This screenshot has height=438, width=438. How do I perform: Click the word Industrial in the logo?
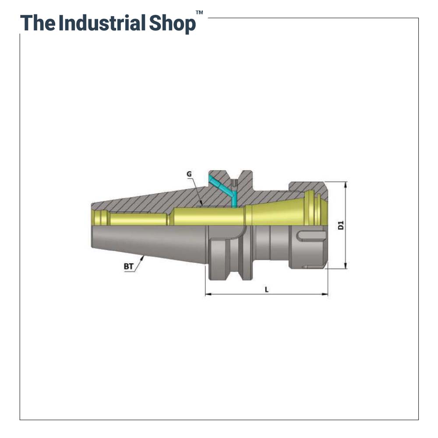coord(101,23)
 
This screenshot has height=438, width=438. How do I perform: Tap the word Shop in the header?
coord(172,23)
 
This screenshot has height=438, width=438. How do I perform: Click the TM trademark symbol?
coord(199,13)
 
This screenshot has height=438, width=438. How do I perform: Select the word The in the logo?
coord(38,23)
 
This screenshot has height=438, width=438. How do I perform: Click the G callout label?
coord(189,174)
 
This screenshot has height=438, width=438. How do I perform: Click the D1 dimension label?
coord(341,226)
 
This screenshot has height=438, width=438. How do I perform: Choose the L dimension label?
coord(266,289)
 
